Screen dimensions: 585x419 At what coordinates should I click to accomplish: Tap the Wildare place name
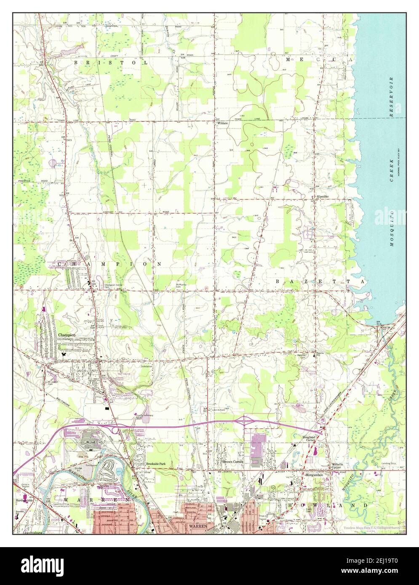tap(222, 124)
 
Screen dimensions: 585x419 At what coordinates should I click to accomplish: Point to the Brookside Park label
tap(156, 463)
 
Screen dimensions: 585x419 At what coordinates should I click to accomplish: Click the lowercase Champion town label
tap(67, 335)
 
